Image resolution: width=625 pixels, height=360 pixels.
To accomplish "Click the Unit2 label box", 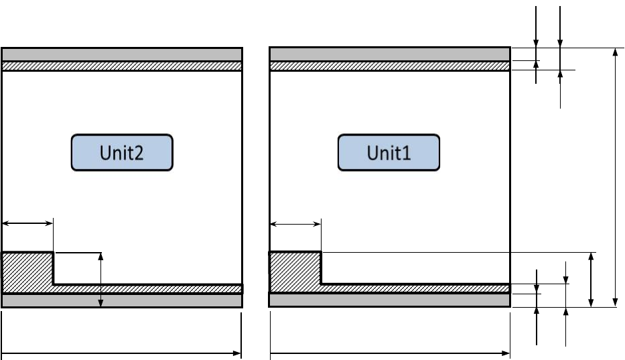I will [122, 153].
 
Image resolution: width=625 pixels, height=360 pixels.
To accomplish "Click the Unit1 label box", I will [389, 153].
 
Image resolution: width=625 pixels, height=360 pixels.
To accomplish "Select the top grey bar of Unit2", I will [121, 54].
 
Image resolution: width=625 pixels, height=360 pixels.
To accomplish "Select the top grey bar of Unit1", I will [389, 54].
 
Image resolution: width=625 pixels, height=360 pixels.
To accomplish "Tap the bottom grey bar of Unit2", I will [121, 300].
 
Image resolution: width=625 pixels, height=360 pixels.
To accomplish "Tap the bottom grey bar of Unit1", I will [389, 300].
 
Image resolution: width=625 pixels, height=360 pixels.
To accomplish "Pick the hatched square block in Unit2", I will [27, 272].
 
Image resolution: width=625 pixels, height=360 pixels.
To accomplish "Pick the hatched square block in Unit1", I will [295, 272].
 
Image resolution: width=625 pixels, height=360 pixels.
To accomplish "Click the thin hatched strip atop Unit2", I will [121, 66].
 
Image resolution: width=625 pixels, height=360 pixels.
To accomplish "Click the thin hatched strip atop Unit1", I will [389, 66].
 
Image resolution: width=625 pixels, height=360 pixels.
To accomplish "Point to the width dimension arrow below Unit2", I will [121, 353].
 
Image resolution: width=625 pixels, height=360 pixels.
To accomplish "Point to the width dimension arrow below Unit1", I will [389, 353].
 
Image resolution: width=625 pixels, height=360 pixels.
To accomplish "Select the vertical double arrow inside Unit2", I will [100, 280].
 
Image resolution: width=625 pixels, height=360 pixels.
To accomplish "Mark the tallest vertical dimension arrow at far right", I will [616, 178].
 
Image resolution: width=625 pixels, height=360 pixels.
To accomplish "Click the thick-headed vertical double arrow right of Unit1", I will [590, 280].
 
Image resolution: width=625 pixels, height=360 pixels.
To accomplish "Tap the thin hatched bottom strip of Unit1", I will [415, 288].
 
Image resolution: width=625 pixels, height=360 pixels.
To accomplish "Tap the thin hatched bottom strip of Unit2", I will [147, 288].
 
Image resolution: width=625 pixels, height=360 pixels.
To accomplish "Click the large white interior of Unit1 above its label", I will [389, 101].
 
